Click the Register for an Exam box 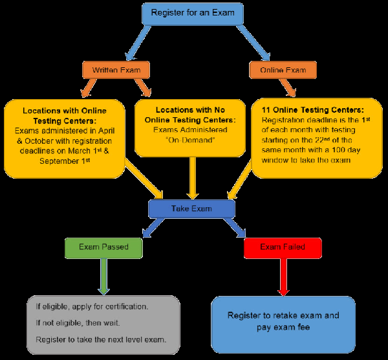tap(193, 14)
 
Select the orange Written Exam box tap(116, 70)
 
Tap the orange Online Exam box tap(283, 70)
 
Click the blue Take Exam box tap(191, 209)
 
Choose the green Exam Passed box tap(103, 248)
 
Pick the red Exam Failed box tap(283, 248)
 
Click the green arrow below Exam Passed tap(103, 276)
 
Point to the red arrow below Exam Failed tap(283, 277)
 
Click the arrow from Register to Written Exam tap(138, 43)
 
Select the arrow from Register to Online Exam tap(253, 43)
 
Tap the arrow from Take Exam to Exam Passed tap(153, 228)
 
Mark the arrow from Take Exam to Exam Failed tap(235, 228)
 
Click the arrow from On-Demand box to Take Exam tap(193, 178)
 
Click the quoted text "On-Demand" tap(190, 141)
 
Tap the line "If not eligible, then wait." tap(78, 323)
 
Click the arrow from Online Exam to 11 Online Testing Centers tap(288, 87)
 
